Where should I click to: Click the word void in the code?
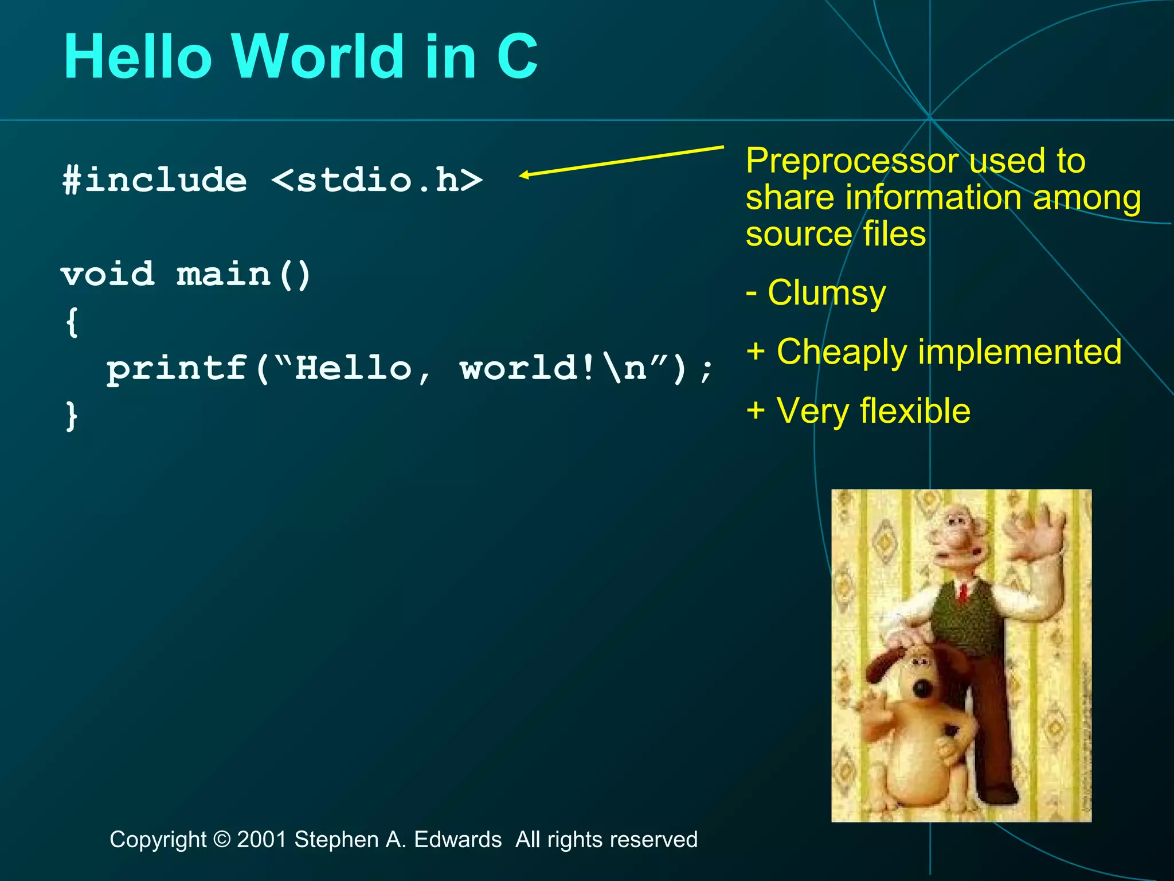click(108, 274)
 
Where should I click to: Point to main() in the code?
click(244, 274)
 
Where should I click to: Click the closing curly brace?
click(72, 415)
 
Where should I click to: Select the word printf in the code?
click(177, 369)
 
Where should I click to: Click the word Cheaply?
click(842, 352)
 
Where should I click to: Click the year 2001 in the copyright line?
click(262, 840)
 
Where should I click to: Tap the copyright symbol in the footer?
click(221, 840)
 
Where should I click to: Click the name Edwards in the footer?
click(457, 840)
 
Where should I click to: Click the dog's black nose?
click(921, 687)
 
